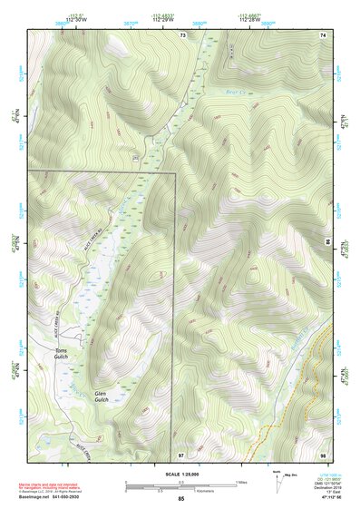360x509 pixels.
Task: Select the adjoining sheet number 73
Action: (x=182, y=34)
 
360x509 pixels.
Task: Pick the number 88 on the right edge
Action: (x=326, y=242)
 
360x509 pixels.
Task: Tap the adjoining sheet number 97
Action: (x=181, y=454)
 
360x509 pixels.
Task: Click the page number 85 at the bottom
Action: (x=181, y=499)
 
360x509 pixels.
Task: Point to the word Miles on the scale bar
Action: (x=241, y=482)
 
